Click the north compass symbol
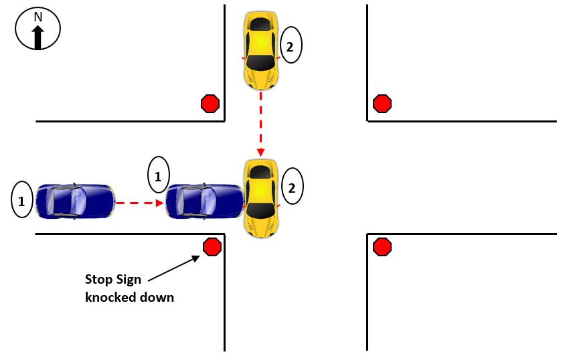pyautogui.click(x=37, y=30)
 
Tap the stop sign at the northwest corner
pyautogui.click(x=210, y=104)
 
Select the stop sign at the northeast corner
pyautogui.click(x=382, y=104)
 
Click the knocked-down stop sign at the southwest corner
pyautogui.click(x=212, y=247)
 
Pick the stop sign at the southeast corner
pyautogui.click(x=382, y=247)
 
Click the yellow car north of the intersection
pyautogui.click(x=260, y=51)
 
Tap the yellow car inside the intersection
pyautogui.click(x=260, y=198)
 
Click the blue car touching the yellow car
pyautogui.click(x=204, y=201)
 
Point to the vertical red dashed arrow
pyautogui.click(x=260, y=124)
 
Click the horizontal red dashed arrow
pyautogui.click(x=140, y=201)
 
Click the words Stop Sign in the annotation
pyautogui.click(x=113, y=280)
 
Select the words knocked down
pyautogui.click(x=129, y=297)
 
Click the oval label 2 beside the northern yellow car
pyautogui.click(x=291, y=46)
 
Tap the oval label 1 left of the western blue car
pyautogui.click(x=21, y=199)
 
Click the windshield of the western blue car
pyautogui.click(x=79, y=200)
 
